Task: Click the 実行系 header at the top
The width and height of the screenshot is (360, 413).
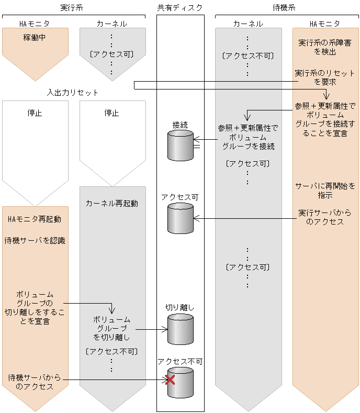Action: (x=73, y=7)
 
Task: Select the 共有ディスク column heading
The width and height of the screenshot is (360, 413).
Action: (x=179, y=7)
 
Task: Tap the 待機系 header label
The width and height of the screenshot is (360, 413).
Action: (x=286, y=7)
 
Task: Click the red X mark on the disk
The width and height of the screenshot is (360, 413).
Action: (x=170, y=380)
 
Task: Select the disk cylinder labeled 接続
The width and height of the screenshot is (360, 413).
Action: (x=180, y=145)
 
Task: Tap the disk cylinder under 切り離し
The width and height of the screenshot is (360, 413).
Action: (x=180, y=329)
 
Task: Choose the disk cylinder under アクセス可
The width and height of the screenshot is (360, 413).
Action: (x=180, y=218)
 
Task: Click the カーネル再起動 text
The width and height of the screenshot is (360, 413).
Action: (x=112, y=203)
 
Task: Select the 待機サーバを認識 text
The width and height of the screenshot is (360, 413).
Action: (x=35, y=240)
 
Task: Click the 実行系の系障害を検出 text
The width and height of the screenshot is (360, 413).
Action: (x=324, y=47)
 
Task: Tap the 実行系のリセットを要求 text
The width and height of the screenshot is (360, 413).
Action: (x=324, y=77)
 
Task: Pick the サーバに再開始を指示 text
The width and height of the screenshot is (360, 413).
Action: (x=324, y=191)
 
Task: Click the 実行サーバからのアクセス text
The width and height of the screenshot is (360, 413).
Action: (x=324, y=217)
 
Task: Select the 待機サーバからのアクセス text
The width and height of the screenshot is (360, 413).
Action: (x=35, y=382)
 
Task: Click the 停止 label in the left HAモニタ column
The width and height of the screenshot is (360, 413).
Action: (x=35, y=113)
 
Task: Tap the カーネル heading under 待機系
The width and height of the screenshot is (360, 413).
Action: (x=248, y=24)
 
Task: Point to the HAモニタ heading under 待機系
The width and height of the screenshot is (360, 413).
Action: (x=325, y=24)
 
